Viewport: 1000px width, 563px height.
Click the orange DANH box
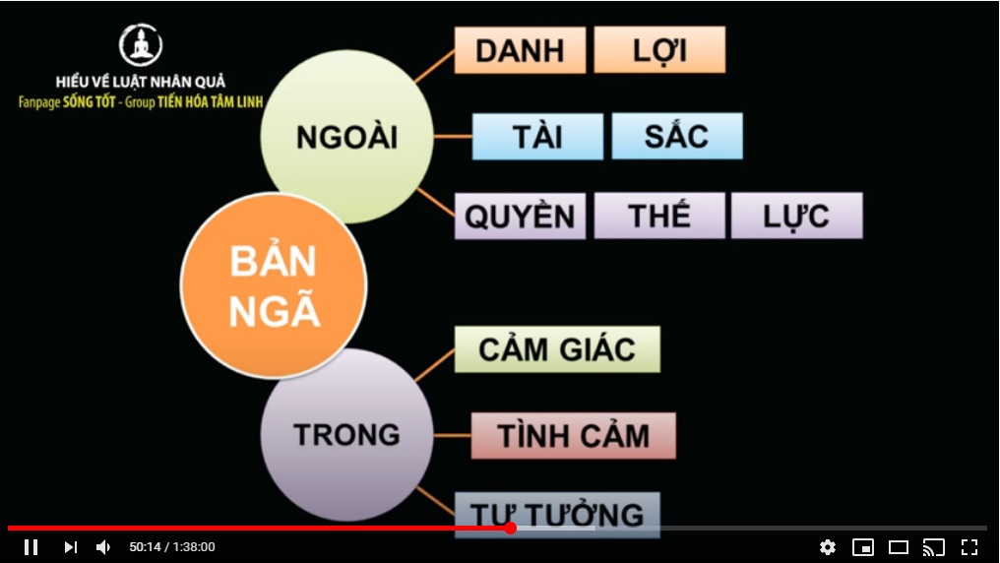tap(520, 50)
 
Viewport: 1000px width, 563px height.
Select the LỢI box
tap(659, 50)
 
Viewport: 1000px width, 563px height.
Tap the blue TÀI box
tap(537, 137)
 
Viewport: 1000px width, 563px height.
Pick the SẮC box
tap(676, 137)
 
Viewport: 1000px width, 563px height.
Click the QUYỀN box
tap(520, 217)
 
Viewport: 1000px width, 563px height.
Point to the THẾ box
tap(659, 217)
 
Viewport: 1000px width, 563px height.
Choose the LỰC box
tap(796, 217)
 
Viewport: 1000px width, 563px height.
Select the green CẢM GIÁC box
tap(557, 349)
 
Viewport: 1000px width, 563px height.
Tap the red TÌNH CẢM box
tap(574, 436)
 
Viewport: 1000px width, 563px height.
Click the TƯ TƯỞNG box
tap(557, 514)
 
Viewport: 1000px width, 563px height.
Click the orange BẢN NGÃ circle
tap(274, 285)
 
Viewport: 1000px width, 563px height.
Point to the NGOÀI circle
tap(346, 137)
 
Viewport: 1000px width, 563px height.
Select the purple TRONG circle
tap(346, 435)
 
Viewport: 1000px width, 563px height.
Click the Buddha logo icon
tap(141, 44)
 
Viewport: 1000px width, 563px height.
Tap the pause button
tap(31, 547)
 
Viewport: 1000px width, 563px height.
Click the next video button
tap(70, 547)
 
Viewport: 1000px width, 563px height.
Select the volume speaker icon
tap(103, 547)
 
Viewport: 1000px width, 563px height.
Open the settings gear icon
tap(827, 547)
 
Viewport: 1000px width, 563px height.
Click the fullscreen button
tap(969, 547)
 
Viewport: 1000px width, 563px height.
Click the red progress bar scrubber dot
tap(510, 528)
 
